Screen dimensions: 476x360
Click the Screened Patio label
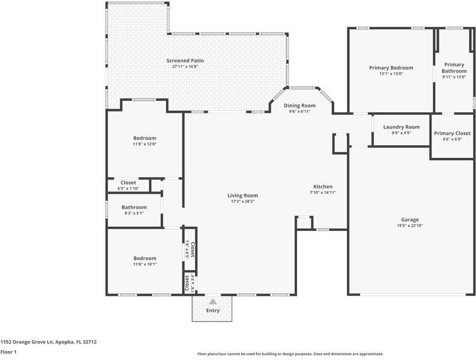click(x=185, y=61)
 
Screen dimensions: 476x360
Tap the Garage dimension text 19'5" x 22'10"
click(x=410, y=226)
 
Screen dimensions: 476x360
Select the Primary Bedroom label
click(x=391, y=68)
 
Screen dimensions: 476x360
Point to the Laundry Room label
click(x=402, y=127)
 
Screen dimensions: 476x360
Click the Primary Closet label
click(x=453, y=133)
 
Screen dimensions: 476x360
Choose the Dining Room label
click(x=300, y=106)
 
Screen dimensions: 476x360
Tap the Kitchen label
click(x=323, y=187)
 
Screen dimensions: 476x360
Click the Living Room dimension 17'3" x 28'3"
click(x=243, y=201)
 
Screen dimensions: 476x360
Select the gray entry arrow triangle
click(x=213, y=301)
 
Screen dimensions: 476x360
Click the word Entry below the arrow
click(x=213, y=311)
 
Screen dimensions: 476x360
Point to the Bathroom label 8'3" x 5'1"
click(x=134, y=207)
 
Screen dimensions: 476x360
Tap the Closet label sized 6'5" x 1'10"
click(x=128, y=182)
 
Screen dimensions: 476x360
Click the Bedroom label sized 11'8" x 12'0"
click(x=145, y=138)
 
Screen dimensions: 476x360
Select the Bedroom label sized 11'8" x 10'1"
click(x=145, y=259)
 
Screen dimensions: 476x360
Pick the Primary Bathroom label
click(x=454, y=68)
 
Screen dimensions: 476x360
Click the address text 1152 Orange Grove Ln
click(x=27, y=342)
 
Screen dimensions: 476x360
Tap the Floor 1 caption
click(x=8, y=352)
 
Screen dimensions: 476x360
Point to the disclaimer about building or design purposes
click(x=291, y=354)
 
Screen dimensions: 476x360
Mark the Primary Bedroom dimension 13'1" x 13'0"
click(x=391, y=73)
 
